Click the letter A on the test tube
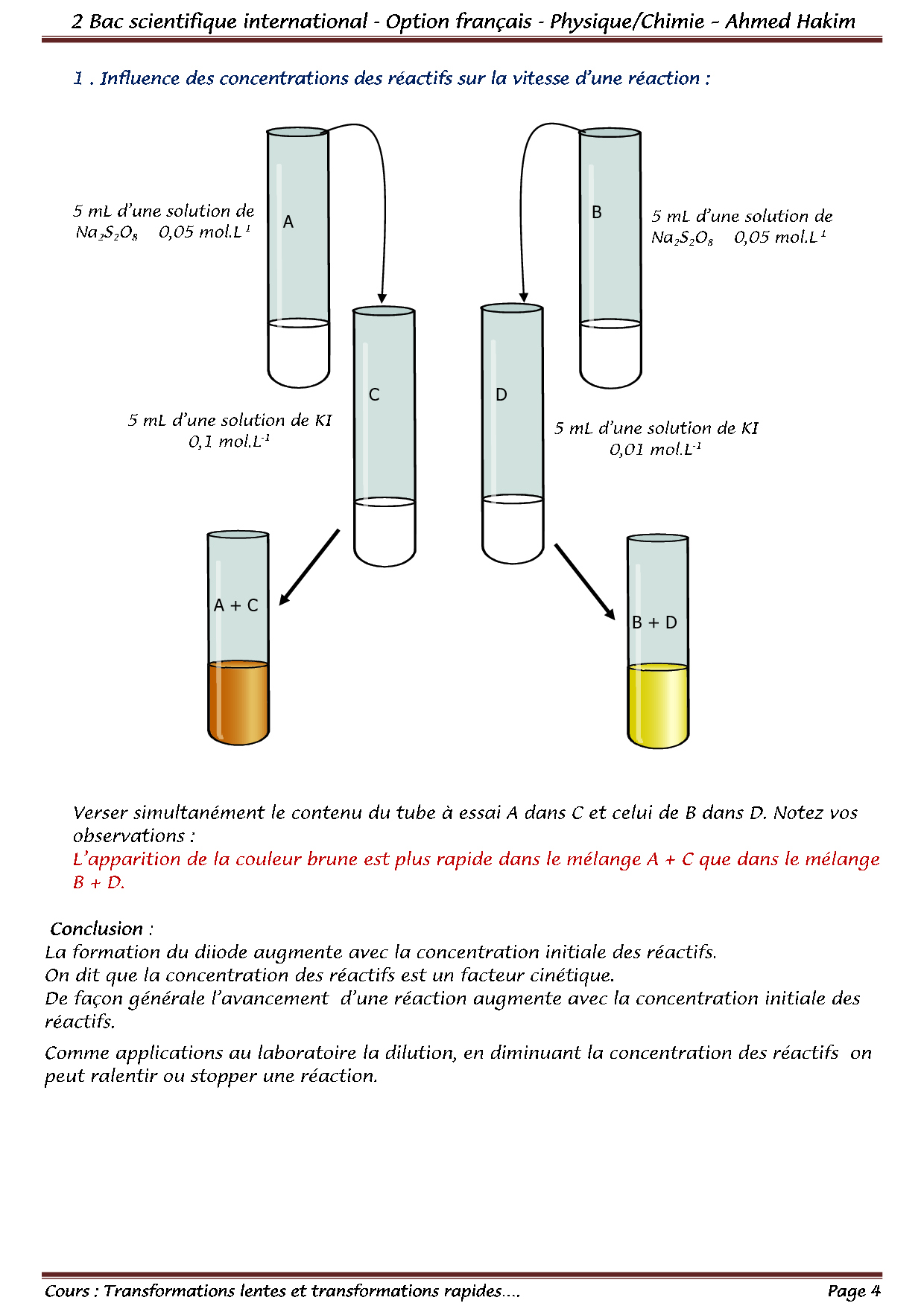pos(288,222)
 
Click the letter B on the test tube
pos(597,212)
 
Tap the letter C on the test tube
pos(374,395)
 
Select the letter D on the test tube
pos(501,395)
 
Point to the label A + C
pos(236,605)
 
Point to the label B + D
pos(654,622)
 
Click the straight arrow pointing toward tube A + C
pos(310,567)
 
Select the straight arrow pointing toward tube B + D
pos(584,581)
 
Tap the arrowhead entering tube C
pos(382,298)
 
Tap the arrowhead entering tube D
pos(524,296)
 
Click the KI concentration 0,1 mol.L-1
pos(229,442)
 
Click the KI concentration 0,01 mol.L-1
pos(655,450)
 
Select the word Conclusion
pos(97,929)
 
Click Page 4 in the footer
pos(854,1290)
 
